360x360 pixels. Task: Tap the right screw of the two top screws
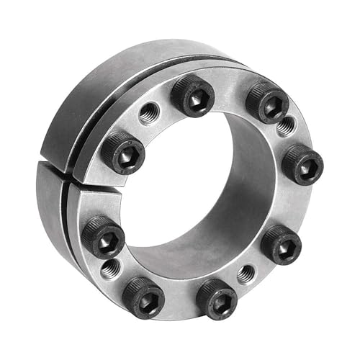[x=267, y=102]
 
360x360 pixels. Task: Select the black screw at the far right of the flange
[x=302, y=164]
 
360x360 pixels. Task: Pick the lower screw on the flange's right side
[x=281, y=244]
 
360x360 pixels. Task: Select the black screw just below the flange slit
[x=102, y=237]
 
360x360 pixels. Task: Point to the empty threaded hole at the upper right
[x=286, y=127]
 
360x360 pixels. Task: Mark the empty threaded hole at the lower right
[x=246, y=274]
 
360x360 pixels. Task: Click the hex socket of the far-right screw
[x=304, y=166]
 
